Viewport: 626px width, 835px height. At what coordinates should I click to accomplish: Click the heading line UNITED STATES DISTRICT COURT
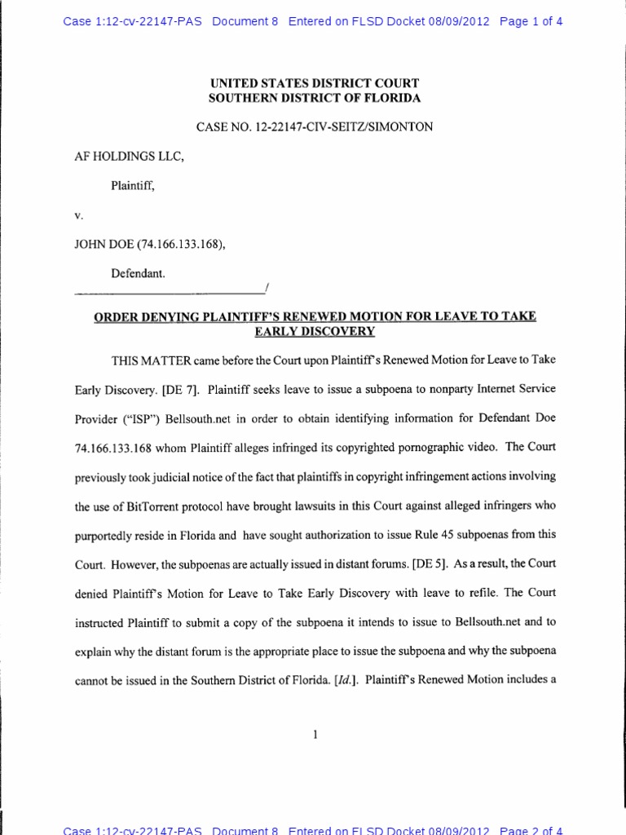(x=314, y=82)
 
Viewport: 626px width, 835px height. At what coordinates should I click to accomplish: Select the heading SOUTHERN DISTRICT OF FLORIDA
(x=314, y=98)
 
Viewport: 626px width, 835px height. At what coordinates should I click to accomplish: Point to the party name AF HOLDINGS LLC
(x=130, y=157)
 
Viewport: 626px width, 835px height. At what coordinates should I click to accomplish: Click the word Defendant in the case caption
(x=138, y=276)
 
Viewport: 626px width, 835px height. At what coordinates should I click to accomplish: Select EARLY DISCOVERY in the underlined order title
(x=314, y=331)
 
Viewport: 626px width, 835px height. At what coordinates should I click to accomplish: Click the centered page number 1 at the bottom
(x=315, y=735)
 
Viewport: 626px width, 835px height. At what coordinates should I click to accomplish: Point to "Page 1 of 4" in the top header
(x=531, y=22)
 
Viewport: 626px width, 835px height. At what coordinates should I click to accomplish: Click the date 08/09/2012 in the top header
(x=459, y=22)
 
